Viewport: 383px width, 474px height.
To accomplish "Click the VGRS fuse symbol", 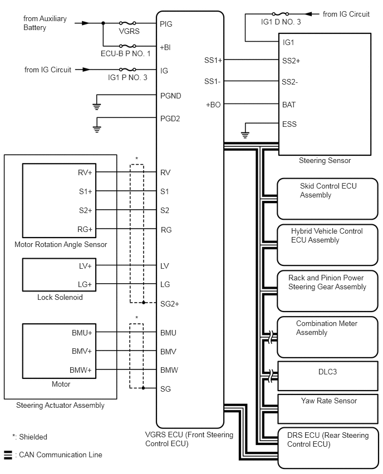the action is (127, 23).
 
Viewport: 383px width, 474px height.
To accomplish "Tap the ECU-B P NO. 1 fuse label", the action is (126, 54).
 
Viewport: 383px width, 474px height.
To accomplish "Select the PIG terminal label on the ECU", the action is (166, 24).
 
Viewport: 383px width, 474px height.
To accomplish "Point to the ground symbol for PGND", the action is (96, 106).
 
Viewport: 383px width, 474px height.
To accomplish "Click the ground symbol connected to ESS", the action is (245, 135).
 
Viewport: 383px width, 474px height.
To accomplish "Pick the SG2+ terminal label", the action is (170, 304).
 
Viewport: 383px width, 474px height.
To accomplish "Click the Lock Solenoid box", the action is (60, 275).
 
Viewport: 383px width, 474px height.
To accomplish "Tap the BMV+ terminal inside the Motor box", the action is (82, 351).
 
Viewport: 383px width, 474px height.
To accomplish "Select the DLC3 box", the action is (328, 376).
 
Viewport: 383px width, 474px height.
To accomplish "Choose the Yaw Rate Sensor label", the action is (329, 401).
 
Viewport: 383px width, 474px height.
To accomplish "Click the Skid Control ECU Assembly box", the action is (328, 199).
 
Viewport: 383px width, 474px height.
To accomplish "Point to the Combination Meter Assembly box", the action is (328, 337).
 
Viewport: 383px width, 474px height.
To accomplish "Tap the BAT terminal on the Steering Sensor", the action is (289, 105).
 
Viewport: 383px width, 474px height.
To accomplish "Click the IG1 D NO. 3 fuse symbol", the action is (281, 14).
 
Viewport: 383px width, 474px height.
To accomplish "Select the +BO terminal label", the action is (213, 105).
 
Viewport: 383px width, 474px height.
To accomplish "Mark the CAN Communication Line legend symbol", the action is (8, 455).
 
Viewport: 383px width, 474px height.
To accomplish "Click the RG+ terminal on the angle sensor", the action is (85, 230).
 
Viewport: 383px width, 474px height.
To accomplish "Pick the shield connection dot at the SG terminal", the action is (144, 388).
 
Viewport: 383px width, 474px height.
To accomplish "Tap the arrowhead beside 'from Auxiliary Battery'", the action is (86, 23).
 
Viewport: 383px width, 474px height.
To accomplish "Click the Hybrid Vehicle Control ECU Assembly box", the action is (328, 245).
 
